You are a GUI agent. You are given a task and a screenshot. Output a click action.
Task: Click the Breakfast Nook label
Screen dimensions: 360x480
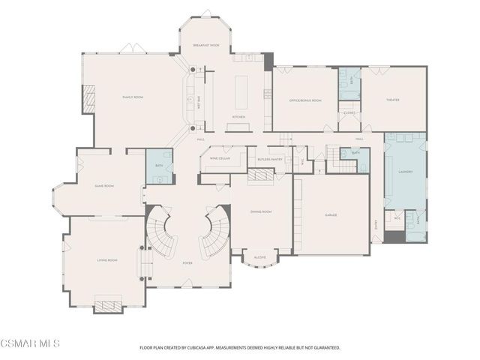tap(205, 46)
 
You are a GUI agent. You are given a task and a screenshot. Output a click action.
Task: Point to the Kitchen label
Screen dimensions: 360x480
tap(238, 117)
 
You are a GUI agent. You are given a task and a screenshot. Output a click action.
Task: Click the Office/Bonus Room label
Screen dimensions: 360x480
tap(305, 100)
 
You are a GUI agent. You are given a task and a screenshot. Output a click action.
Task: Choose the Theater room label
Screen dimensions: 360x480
tap(392, 100)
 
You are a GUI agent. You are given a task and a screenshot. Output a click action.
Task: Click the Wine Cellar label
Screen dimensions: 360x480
tap(220, 157)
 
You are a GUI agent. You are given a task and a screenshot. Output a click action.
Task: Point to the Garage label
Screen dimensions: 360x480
tap(331, 215)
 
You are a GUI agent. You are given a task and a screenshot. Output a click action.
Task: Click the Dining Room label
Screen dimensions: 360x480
tap(260, 211)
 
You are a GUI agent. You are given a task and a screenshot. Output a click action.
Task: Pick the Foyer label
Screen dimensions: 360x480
tap(187, 263)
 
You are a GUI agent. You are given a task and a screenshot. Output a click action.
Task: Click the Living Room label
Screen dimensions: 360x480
tap(107, 260)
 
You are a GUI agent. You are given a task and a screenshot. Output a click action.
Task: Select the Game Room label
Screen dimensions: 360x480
tap(103, 185)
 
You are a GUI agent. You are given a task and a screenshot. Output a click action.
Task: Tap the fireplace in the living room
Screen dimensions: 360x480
tap(107, 305)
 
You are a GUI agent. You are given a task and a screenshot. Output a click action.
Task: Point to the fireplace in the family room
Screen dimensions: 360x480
tap(88, 99)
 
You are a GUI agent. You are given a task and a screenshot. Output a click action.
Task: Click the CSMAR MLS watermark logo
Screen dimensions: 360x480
tap(30, 344)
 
